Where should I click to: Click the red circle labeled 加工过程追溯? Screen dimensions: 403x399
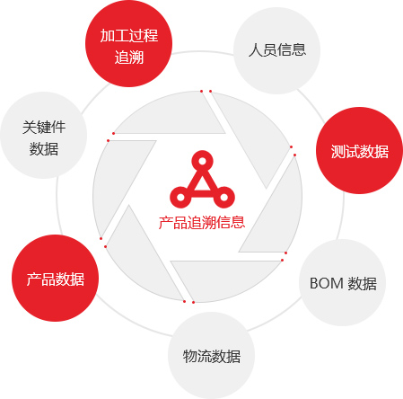[x=128, y=44]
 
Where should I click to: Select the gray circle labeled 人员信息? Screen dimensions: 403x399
[x=276, y=50]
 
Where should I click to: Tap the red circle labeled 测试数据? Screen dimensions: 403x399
[x=359, y=150]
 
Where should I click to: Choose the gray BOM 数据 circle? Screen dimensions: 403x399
[x=342, y=282]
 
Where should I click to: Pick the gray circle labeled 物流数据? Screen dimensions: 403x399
[x=211, y=355]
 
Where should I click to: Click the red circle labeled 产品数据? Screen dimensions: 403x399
[x=55, y=278]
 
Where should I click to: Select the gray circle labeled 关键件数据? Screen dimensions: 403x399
[x=44, y=135]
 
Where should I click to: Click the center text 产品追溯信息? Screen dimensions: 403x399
[x=202, y=223]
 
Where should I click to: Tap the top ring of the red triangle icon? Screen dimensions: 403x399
[x=202, y=161]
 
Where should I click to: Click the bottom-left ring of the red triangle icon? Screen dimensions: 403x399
[x=180, y=197]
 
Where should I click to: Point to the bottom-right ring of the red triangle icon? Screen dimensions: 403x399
[x=223, y=197]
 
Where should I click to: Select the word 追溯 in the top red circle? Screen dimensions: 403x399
[x=129, y=57]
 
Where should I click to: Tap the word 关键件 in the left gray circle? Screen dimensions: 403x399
[x=44, y=127]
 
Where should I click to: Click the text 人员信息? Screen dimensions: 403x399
[x=277, y=49]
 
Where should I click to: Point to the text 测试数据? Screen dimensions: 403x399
[x=360, y=151]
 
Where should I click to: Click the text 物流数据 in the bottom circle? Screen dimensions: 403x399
[x=212, y=356]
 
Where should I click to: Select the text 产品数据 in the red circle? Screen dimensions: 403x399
[x=56, y=279]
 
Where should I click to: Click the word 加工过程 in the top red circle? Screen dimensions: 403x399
[x=129, y=35]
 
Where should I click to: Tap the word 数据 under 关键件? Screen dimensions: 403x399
[x=44, y=149]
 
